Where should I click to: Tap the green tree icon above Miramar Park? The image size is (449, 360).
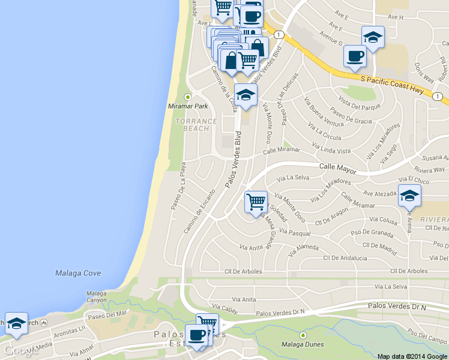click(x=188, y=97)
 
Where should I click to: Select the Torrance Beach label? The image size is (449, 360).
click(x=196, y=125)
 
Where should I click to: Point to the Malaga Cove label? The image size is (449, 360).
click(x=78, y=273)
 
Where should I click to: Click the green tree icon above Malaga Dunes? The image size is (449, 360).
click(x=303, y=334)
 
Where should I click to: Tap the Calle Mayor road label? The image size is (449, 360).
click(x=338, y=168)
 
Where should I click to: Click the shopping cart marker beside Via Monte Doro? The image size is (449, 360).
click(x=256, y=202)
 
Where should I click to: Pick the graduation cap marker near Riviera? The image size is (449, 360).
click(x=409, y=196)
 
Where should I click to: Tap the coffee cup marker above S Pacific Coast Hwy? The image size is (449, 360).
click(x=355, y=56)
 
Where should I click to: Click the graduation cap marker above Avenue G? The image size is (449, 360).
click(x=373, y=37)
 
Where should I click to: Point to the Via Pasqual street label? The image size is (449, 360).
click(x=295, y=232)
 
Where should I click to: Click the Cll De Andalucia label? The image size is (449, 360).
click(x=345, y=258)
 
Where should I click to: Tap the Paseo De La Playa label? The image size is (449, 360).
click(x=178, y=187)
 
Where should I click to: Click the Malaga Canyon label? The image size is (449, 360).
click(x=96, y=297)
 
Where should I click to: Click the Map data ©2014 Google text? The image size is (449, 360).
click(x=412, y=356)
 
